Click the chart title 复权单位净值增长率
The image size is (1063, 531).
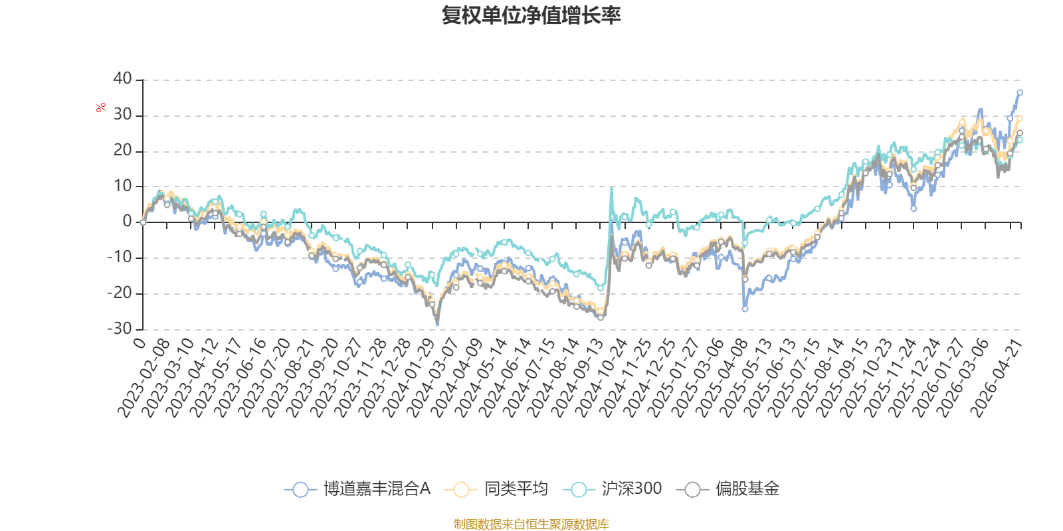[531, 16]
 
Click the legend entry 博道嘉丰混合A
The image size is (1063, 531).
[357, 489]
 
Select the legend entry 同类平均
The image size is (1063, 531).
[496, 489]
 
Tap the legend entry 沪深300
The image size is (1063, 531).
[612, 489]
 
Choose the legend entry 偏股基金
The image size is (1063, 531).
[728, 489]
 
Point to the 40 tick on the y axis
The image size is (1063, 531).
[122, 79]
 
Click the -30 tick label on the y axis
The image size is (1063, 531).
[120, 329]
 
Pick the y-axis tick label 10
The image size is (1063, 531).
[122, 186]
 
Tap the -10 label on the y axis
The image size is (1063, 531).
[120, 258]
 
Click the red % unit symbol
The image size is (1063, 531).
[100, 108]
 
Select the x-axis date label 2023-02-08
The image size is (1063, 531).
[144, 378]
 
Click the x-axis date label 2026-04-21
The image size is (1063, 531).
[997, 378]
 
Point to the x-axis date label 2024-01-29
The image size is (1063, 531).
[409, 378]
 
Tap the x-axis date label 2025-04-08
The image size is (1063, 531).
[722, 378]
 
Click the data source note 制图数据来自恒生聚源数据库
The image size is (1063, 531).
[531, 524]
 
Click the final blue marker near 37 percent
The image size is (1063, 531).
[1020, 93]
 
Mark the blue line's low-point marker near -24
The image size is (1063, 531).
[745, 309]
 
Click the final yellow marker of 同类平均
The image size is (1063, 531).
[1020, 119]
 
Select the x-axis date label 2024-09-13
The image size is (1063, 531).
[577, 378]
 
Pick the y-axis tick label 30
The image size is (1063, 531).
[122, 115]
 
